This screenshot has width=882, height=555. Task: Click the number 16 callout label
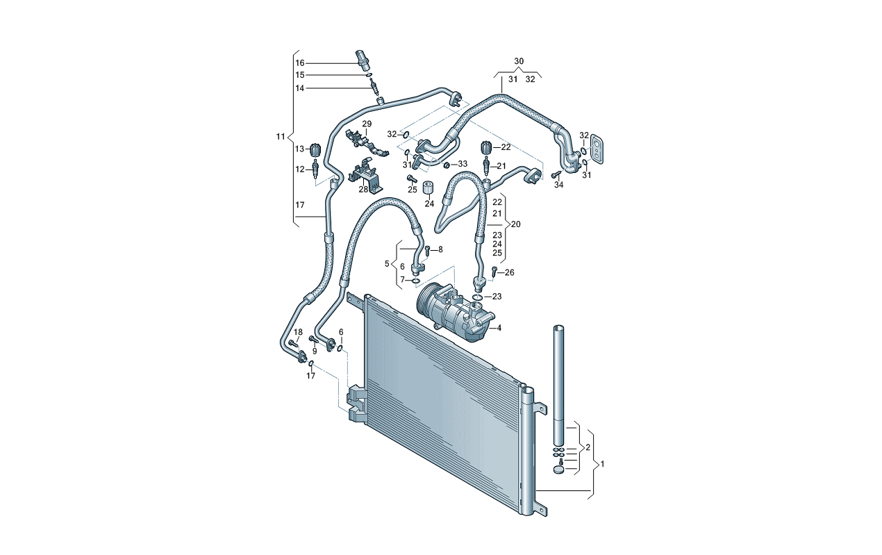300,63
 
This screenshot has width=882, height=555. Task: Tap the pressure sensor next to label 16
360,60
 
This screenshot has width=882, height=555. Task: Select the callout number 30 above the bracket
519,62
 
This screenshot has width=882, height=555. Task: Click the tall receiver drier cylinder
560,382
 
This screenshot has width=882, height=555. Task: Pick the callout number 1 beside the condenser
603,463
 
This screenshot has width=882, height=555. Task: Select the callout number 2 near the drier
588,447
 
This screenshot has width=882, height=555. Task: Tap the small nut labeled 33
447,165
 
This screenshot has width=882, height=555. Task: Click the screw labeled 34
556,174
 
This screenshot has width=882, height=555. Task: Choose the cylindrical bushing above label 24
428,188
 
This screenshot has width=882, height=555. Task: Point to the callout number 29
367,124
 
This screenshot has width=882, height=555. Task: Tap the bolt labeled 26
494,272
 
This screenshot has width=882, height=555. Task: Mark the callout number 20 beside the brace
515,224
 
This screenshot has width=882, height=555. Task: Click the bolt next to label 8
428,250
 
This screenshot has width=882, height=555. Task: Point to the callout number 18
298,331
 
